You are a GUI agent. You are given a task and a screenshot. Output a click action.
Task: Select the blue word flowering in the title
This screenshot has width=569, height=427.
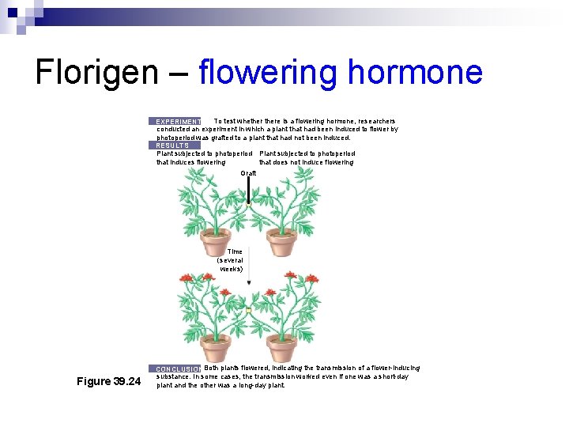268,72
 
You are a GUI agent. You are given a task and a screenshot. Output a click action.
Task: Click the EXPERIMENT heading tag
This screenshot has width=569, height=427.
178,122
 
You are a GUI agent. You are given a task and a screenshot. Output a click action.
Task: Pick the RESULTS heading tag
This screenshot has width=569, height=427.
172,145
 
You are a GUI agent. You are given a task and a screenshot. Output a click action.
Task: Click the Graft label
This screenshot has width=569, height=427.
248,172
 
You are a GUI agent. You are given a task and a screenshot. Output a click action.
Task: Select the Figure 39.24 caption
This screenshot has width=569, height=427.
108,382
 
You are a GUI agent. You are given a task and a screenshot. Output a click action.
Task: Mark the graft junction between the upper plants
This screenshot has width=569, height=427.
248,204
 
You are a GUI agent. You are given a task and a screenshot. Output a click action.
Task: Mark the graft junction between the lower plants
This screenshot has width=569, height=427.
248,312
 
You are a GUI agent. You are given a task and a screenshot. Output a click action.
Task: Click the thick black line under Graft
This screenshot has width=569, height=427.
248,190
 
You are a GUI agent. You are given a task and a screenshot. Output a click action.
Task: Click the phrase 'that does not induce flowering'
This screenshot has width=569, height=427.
306,162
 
